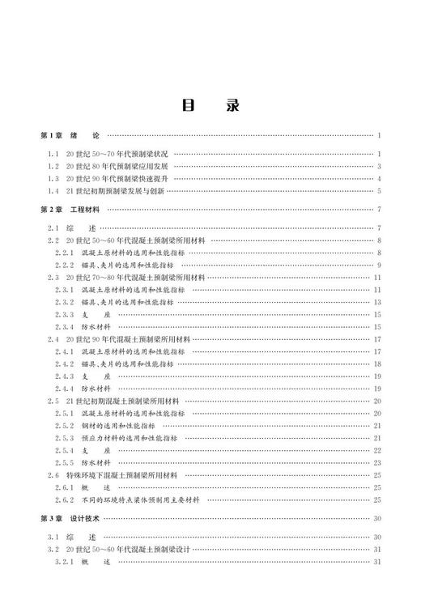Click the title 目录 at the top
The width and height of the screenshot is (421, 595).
(210, 106)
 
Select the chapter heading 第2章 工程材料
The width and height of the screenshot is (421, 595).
(73, 210)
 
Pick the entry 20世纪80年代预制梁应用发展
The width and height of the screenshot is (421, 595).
(117, 166)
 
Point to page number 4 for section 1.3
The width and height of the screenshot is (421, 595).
(379, 178)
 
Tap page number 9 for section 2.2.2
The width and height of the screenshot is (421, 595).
(379, 265)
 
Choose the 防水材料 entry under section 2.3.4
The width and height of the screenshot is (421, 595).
(96, 326)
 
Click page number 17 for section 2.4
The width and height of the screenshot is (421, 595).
(377, 338)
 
